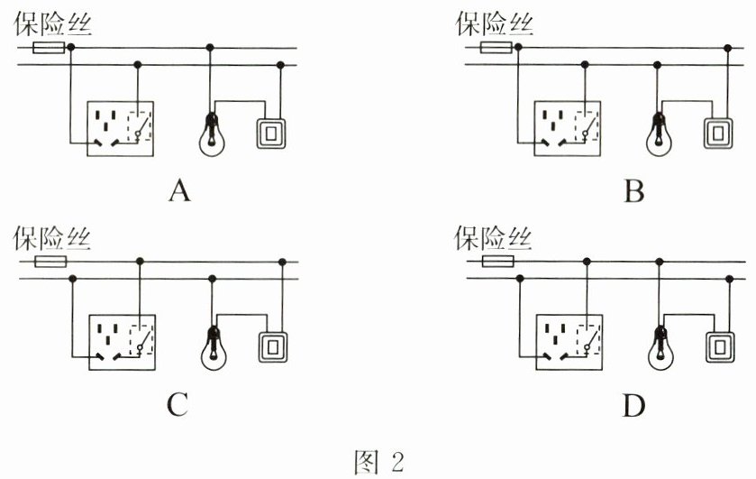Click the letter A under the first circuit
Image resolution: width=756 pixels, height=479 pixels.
tap(180, 191)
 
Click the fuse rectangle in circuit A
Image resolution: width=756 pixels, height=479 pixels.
tap(49, 47)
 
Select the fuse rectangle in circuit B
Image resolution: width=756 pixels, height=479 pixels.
tap(496, 47)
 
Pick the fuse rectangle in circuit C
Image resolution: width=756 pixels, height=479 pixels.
tap(50, 263)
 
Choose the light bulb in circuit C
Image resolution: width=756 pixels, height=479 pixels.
tap(214, 346)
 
